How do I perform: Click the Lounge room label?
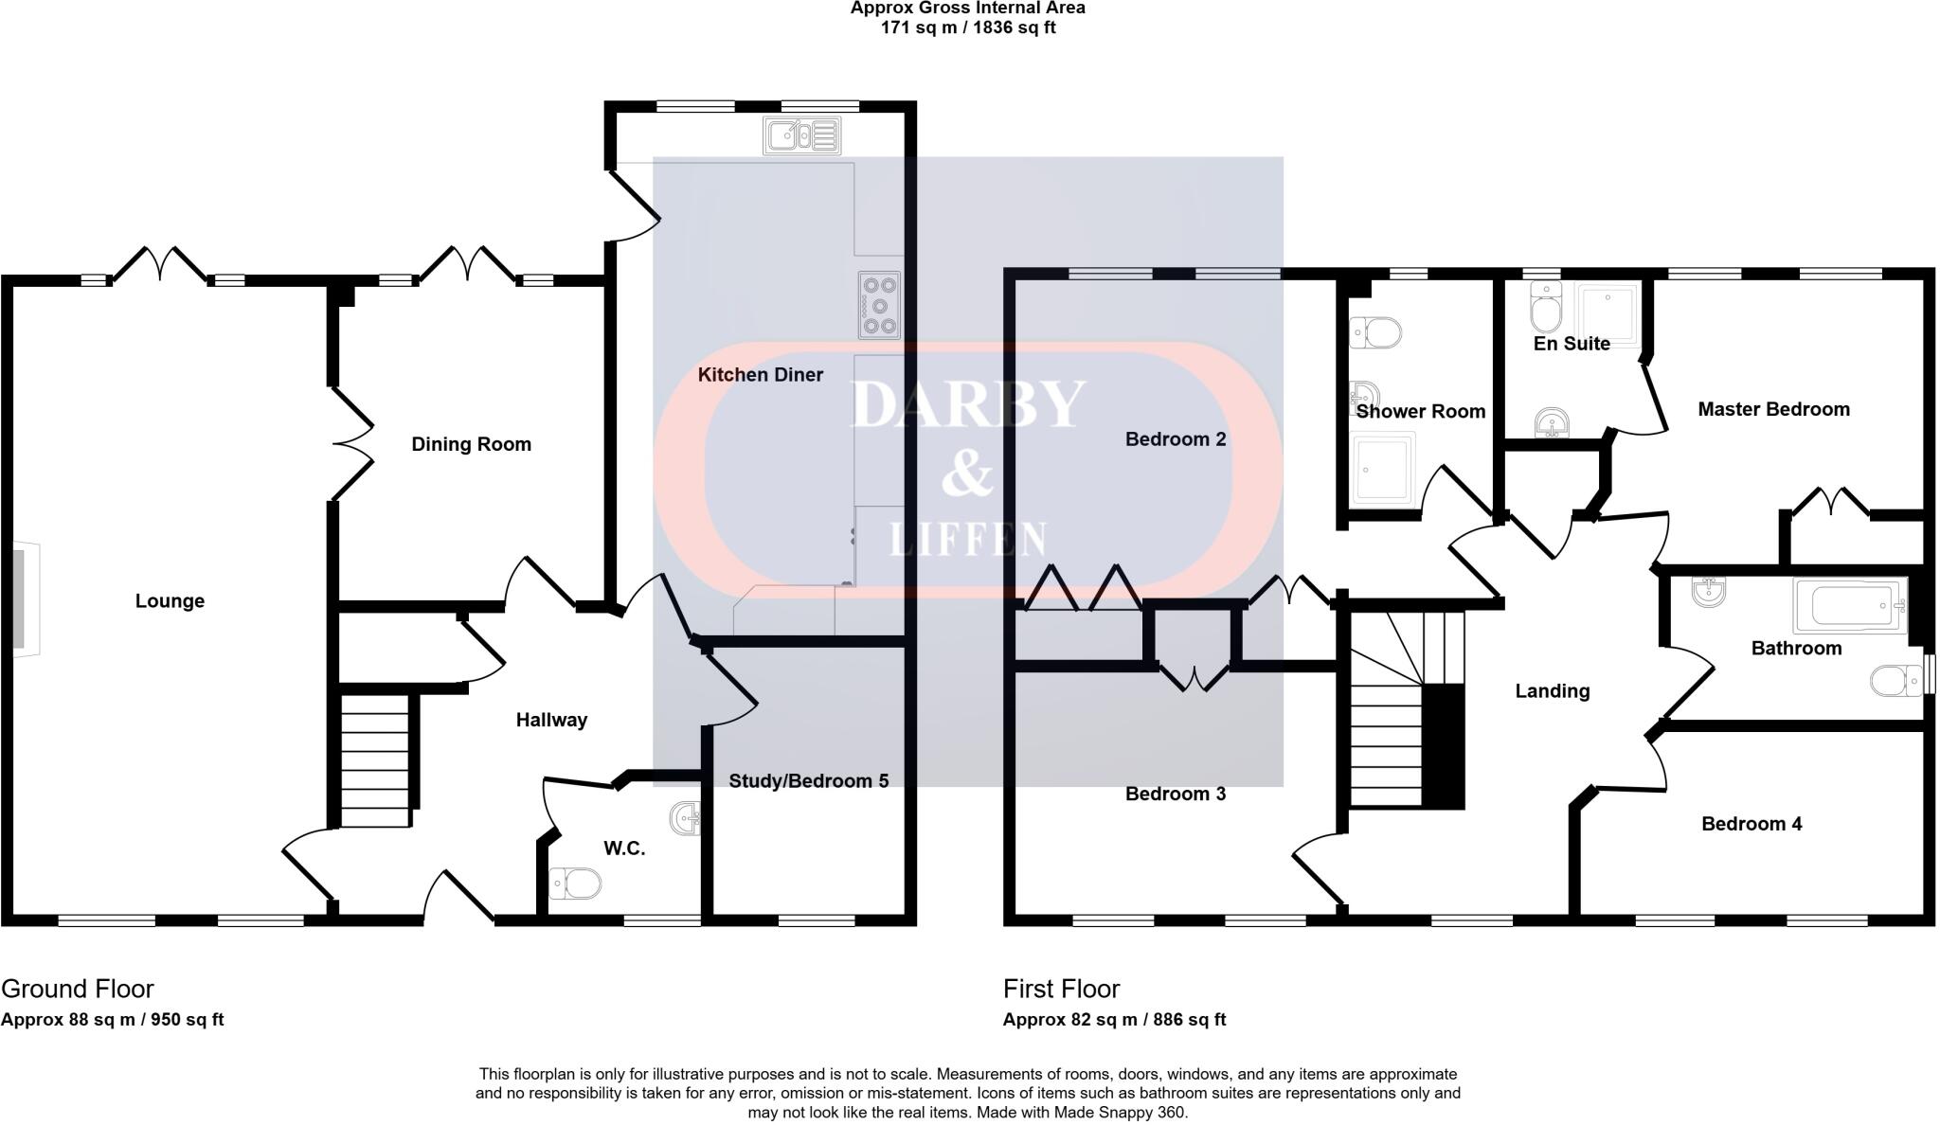click(x=170, y=601)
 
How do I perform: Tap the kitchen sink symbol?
click(x=801, y=135)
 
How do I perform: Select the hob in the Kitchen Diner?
click(x=879, y=305)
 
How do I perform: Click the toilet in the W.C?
click(x=575, y=884)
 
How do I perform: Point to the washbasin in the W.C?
click(x=686, y=818)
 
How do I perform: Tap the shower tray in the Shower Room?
click(x=1384, y=468)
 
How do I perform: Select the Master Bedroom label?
click(x=1773, y=410)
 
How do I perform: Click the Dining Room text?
click(x=471, y=444)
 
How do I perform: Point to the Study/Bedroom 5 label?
click(x=808, y=781)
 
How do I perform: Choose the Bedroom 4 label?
click(x=1751, y=824)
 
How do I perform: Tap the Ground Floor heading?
click(x=78, y=989)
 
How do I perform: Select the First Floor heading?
click(x=1061, y=989)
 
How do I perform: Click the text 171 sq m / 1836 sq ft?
click(x=968, y=27)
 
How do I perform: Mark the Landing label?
click(x=1552, y=691)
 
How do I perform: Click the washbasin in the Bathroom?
click(x=1708, y=593)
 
